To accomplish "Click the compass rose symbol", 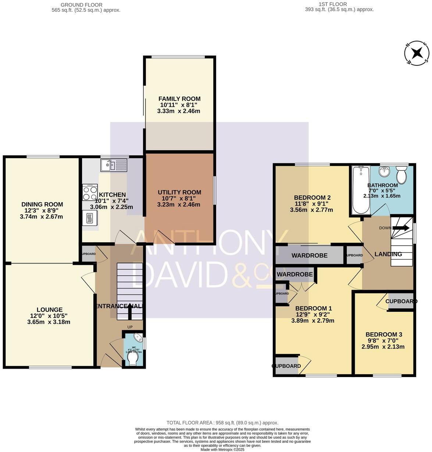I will point(417,53).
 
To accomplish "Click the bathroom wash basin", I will point(385,171).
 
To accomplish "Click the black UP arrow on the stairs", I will point(130,311).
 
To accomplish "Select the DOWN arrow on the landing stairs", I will point(401,228).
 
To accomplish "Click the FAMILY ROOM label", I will point(179,99).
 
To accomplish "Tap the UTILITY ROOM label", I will point(179,192).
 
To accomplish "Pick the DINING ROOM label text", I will point(42,205).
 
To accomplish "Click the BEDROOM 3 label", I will point(384,335).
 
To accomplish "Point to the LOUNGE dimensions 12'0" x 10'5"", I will point(49,316).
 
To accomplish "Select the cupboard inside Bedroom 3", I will point(401,301).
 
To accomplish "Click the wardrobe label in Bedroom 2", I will point(309,256).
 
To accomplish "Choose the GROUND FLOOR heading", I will point(82,4).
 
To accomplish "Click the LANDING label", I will point(388,254).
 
